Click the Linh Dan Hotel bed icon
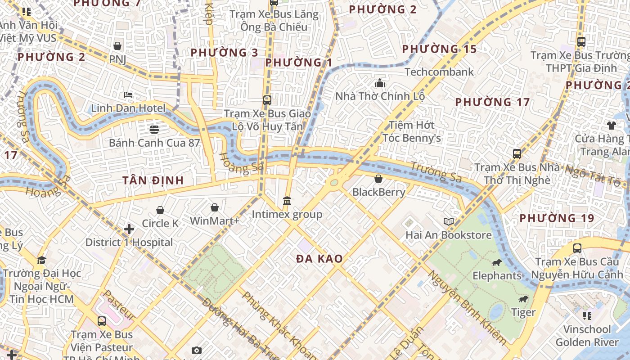coord(128,95)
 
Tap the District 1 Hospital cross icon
coord(129,229)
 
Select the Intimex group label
coord(287,214)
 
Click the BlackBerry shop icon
coord(378,179)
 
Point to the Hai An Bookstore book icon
coord(449,221)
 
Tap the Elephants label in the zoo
coord(497,275)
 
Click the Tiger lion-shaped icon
coord(523,299)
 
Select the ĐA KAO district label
coord(319,259)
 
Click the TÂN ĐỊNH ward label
coord(153,180)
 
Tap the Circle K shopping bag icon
coord(160,210)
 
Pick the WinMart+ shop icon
coord(215,207)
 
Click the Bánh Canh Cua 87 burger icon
coord(154,130)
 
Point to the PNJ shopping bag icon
coord(117,46)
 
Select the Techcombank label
coord(439,72)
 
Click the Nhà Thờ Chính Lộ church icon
coord(380,83)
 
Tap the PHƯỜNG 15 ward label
coord(439,49)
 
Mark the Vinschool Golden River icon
coord(587,315)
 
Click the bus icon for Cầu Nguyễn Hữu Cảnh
coord(577,248)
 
